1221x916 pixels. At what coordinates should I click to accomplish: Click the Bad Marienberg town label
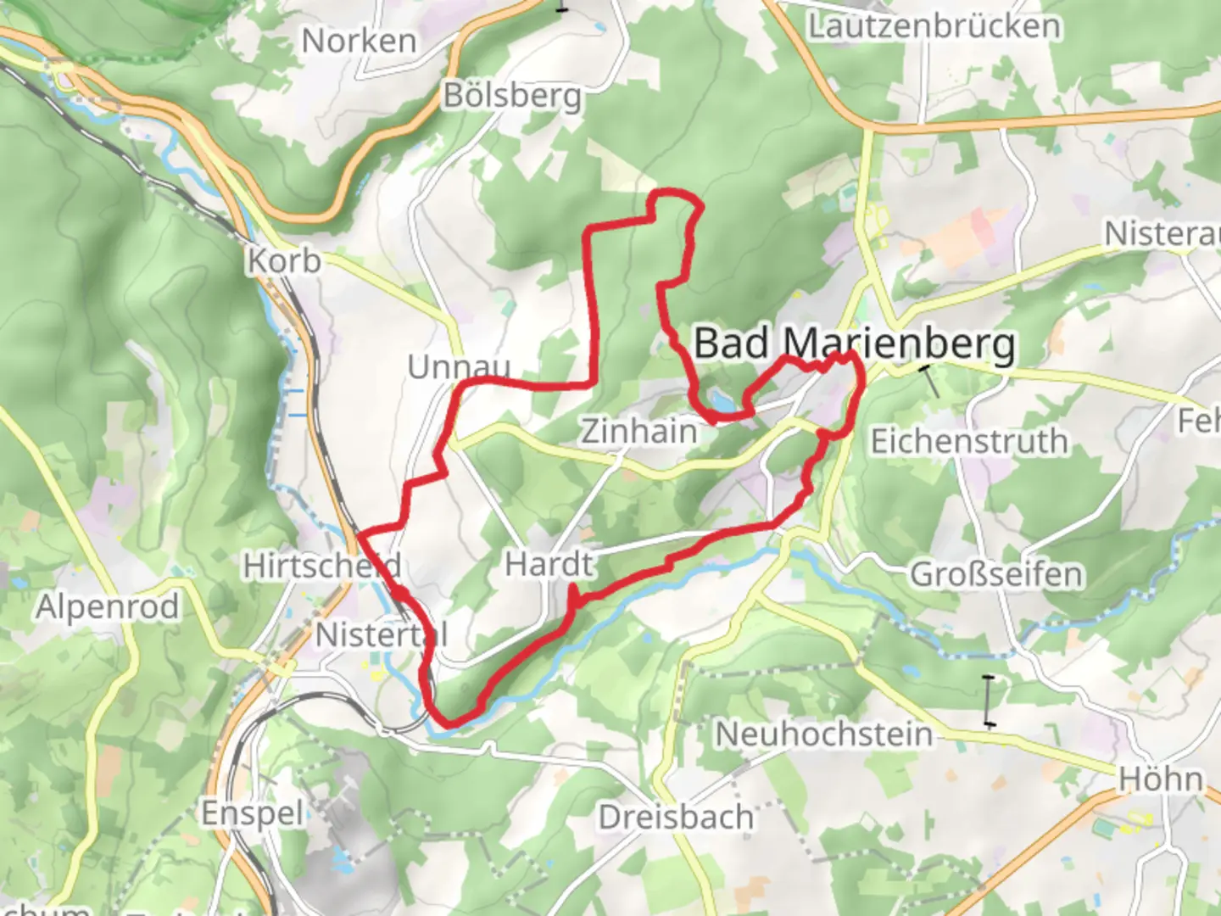coord(854,344)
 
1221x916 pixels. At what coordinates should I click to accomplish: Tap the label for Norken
coord(359,41)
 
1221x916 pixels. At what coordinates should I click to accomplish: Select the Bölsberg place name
coord(513,96)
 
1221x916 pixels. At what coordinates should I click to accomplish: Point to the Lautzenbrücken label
coord(934,26)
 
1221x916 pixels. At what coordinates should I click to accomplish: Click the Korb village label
coord(284,260)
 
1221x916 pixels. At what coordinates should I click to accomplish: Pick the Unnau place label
coord(459,367)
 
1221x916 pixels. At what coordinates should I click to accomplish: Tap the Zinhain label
coord(638,431)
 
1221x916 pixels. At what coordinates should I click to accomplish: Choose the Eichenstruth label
coord(969,441)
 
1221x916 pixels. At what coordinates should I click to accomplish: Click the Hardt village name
coord(549,564)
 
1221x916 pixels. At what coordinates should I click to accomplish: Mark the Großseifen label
coord(996,575)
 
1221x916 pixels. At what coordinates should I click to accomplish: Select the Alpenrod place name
coord(108,607)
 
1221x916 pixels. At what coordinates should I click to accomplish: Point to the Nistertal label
coord(381,634)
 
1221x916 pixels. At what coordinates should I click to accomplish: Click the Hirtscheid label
coord(321,566)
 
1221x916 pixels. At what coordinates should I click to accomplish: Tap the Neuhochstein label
coord(823,734)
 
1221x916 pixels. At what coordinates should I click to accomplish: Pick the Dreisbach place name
coord(676,817)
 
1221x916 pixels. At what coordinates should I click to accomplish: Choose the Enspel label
coord(252,813)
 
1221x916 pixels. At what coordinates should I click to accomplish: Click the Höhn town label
coord(1160,779)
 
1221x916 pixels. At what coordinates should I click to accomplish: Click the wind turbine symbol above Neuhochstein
coord(989,701)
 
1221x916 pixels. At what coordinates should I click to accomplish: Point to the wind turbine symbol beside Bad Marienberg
coord(930,379)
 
